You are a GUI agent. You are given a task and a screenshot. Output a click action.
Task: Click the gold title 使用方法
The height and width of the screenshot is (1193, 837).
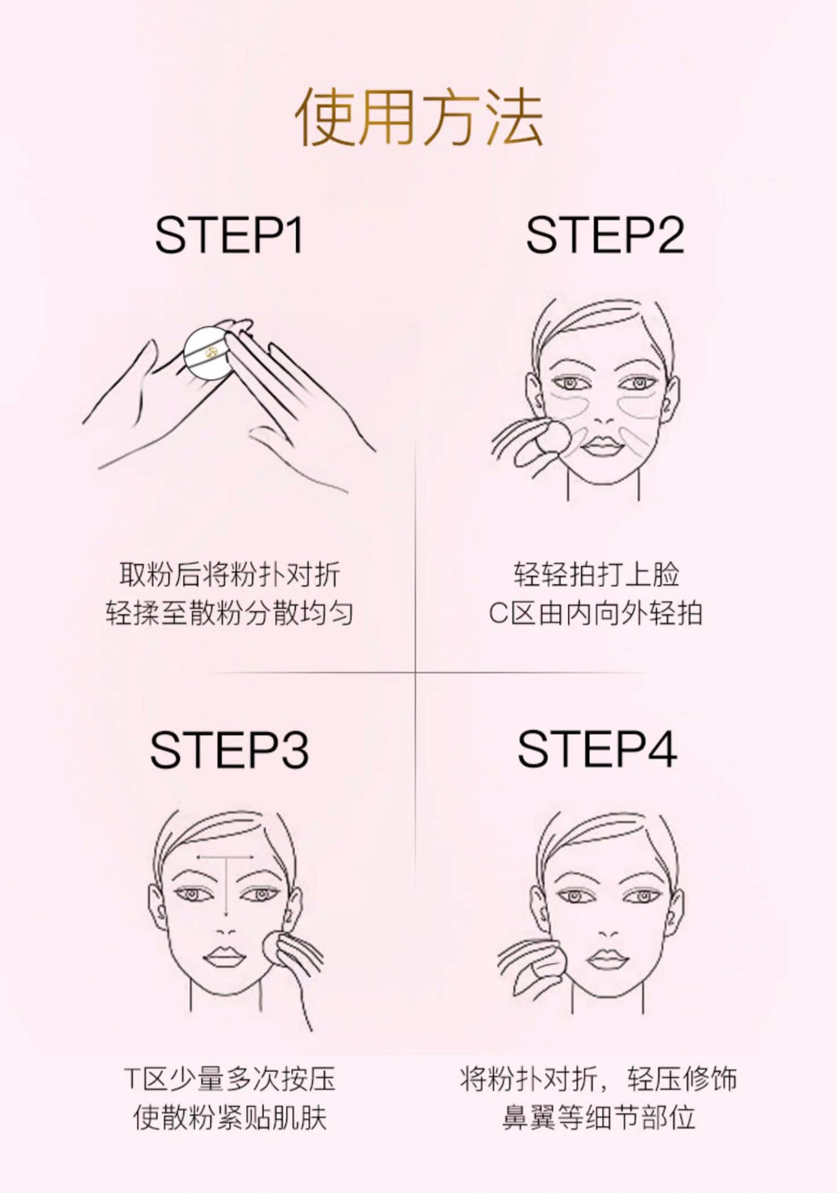pos(419,117)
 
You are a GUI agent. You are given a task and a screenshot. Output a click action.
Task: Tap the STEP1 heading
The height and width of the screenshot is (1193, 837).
pos(230,235)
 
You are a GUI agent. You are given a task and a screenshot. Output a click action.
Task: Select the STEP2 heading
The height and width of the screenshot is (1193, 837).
pos(605,235)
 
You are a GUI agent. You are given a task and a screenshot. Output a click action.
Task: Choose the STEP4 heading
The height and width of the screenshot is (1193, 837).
pos(598,748)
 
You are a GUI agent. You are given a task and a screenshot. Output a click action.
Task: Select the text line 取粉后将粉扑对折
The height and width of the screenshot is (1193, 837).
pos(230,574)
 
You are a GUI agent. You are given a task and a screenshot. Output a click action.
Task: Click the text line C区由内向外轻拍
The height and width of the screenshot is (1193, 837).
pos(596,613)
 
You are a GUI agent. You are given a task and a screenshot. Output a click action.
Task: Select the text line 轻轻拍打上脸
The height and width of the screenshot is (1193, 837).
pos(597,574)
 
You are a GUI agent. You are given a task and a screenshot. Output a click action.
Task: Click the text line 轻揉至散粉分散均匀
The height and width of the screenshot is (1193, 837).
pos(230,613)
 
